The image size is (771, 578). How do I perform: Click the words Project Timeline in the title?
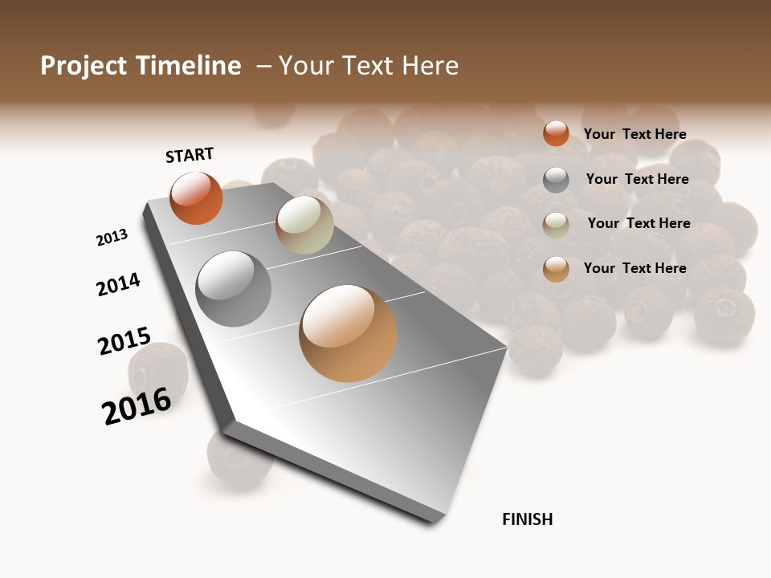tap(141, 66)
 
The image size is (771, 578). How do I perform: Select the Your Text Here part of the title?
tap(369, 66)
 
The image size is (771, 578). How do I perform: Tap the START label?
tap(190, 155)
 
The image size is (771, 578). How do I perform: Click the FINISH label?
tap(528, 519)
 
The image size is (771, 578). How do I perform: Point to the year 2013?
tap(112, 238)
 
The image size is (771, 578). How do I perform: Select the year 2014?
tap(118, 284)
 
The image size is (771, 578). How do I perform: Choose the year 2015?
tap(124, 341)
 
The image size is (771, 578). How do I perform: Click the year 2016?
tap(137, 405)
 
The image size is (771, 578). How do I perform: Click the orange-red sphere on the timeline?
tap(196, 197)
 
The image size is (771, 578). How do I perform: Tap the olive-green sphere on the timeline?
tap(304, 225)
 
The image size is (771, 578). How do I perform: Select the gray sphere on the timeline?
tap(234, 289)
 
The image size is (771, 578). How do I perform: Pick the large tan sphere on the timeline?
tap(348, 333)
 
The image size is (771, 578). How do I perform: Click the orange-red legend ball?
tap(556, 133)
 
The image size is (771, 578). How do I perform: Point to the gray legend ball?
tap(556, 180)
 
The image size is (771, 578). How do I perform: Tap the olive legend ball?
tap(556, 225)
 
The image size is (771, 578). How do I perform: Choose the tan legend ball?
tap(556, 269)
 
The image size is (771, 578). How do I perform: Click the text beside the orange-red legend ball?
tap(634, 134)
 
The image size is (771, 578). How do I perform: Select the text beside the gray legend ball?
tap(637, 179)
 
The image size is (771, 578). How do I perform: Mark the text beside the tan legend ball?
tap(634, 268)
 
